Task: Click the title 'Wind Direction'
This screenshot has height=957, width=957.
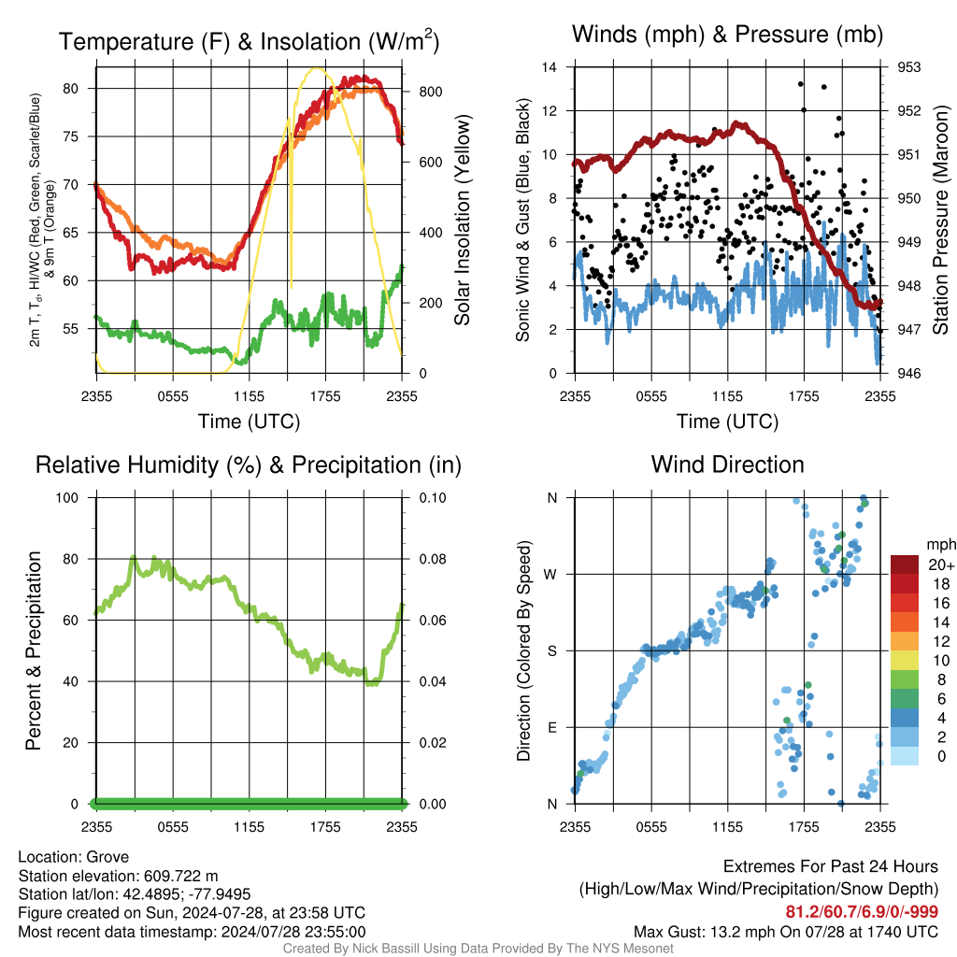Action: coord(727,464)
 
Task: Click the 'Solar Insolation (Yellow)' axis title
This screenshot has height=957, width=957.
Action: coord(463,221)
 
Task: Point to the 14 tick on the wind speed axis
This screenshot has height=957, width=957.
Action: coord(550,67)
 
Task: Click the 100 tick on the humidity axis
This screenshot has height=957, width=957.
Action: coord(75,497)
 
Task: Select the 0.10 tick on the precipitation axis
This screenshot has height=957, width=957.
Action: coord(431,497)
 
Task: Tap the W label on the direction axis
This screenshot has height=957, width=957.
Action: coord(551,574)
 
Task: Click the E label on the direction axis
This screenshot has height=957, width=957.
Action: coord(551,727)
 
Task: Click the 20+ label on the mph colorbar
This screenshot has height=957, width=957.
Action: coord(940,565)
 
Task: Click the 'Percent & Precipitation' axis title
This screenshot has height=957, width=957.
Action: coord(34,650)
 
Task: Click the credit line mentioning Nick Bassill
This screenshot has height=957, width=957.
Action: coord(478,949)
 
